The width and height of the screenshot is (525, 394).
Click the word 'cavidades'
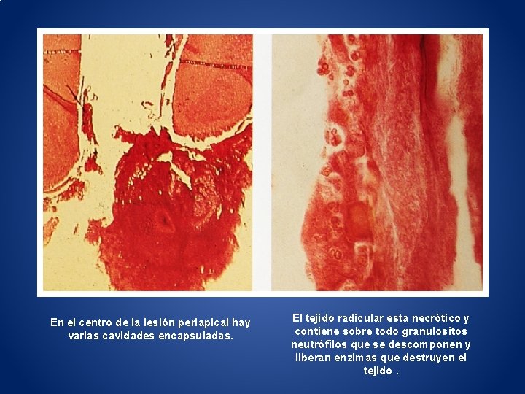pyautogui.click(x=129, y=336)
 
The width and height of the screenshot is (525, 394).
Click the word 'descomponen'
pyautogui.click(x=425, y=344)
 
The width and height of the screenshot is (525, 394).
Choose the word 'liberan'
pyautogui.click(x=314, y=358)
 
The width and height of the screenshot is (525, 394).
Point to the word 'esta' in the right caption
pyautogui.click(x=396, y=318)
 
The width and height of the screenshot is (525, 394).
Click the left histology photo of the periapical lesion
pyautogui.click(x=148, y=163)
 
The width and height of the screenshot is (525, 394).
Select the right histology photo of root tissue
pyautogui.click(x=376, y=163)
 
